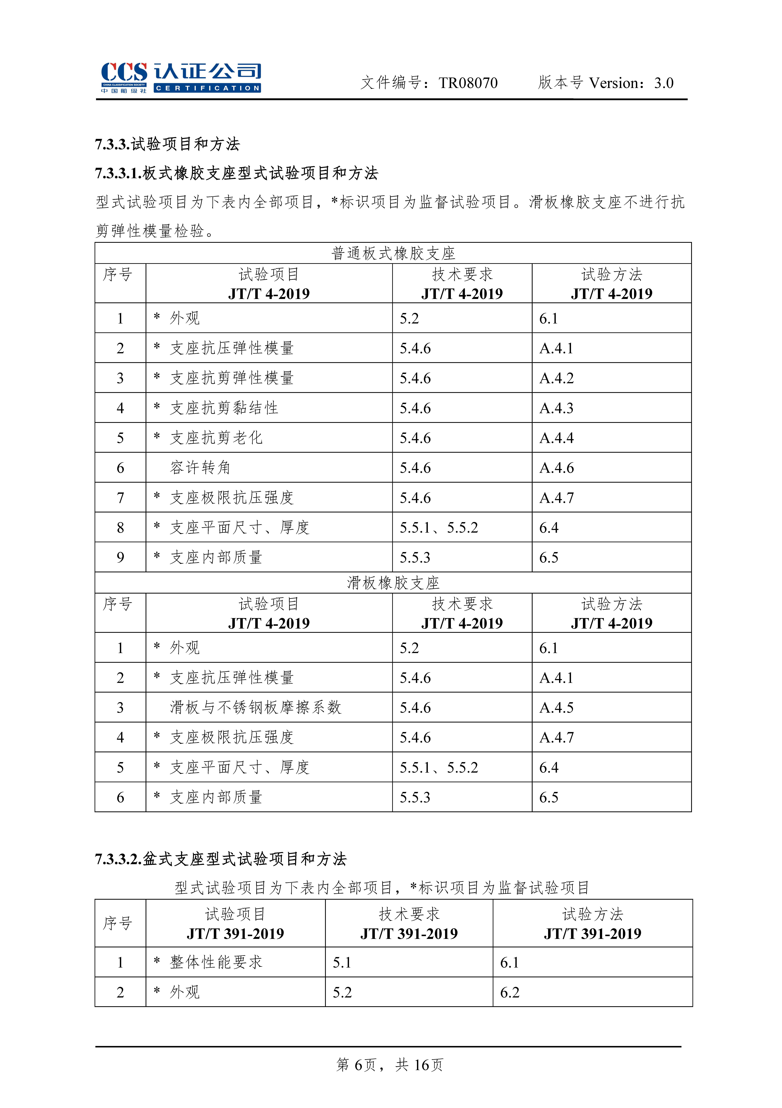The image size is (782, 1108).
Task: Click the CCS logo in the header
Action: pyautogui.click(x=181, y=77)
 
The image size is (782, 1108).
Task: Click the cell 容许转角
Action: pyautogui.click(x=200, y=468)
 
